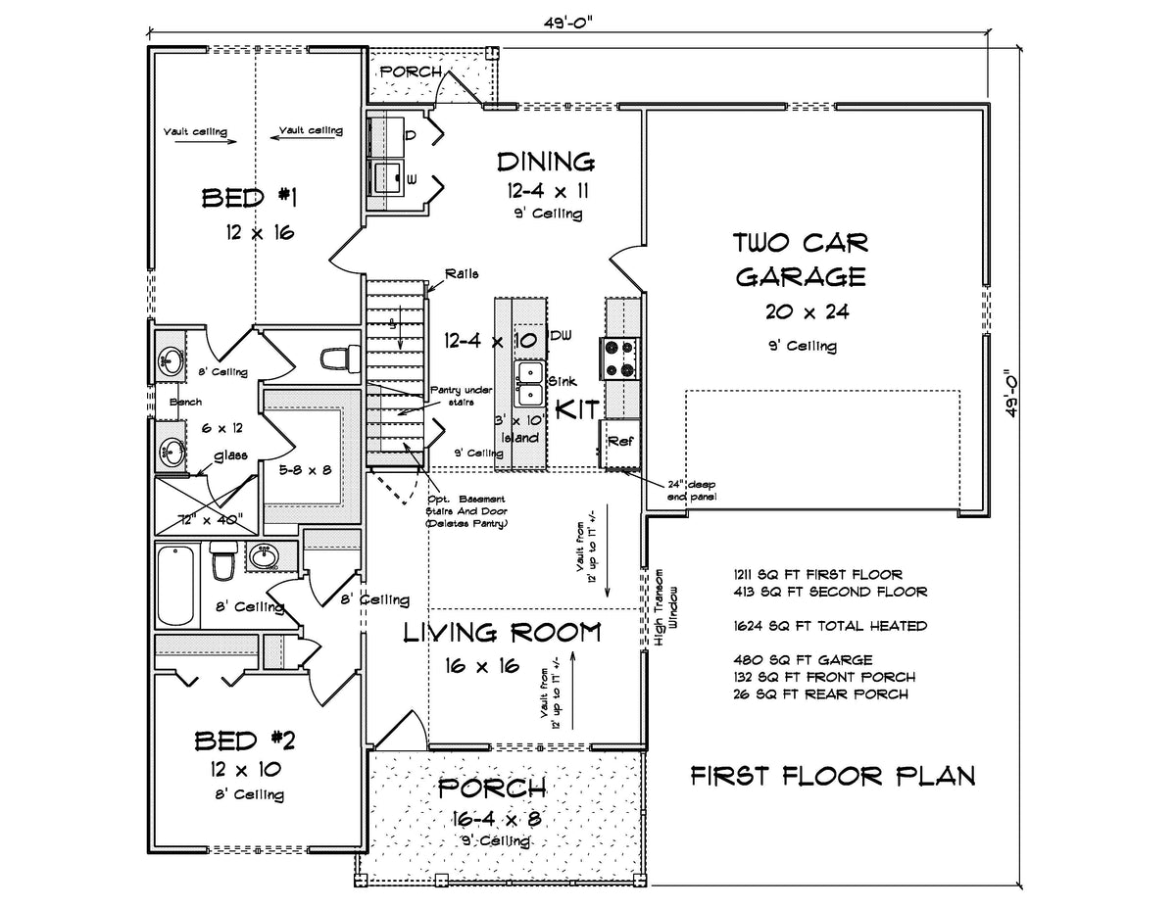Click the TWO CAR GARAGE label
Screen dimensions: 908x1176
coord(801,260)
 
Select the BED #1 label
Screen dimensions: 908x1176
coord(249,199)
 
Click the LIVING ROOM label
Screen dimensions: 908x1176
coord(503,633)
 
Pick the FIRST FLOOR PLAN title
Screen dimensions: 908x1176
coord(832,777)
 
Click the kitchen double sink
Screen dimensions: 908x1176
coord(530,383)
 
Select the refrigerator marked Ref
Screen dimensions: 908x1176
coord(619,442)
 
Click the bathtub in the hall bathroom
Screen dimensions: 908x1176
coord(176,586)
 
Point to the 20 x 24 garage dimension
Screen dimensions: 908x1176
coord(801,311)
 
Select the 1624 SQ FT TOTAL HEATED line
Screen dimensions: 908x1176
coord(829,625)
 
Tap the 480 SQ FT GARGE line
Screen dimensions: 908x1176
coord(801,659)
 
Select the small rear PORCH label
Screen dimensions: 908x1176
coord(411,72)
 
